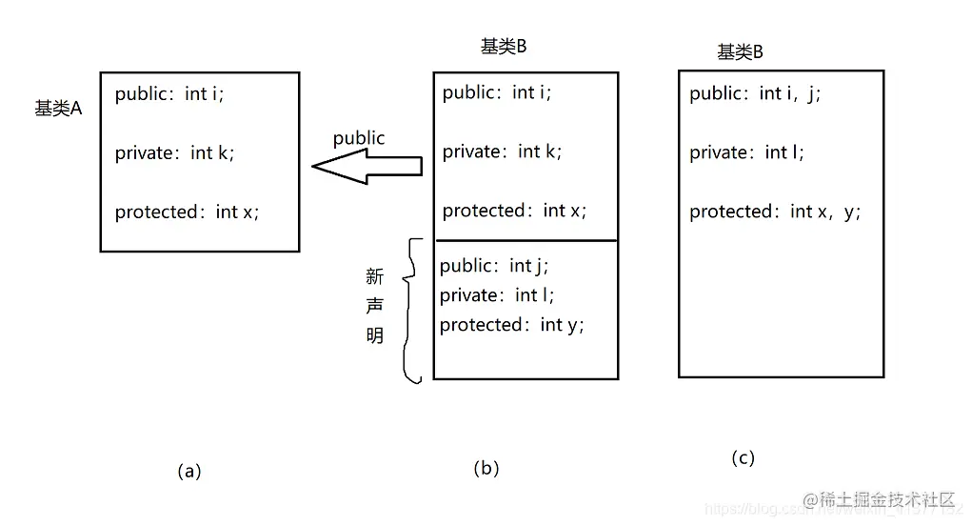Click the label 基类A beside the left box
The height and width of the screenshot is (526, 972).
[x=58, y=109]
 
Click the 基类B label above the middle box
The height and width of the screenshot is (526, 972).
[x=504, y=48]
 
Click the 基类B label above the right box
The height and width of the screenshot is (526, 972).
[x=740, y=52]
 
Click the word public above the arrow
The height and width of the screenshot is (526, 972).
[x=359, y=138]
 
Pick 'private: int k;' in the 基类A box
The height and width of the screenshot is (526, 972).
[x=174, y=152]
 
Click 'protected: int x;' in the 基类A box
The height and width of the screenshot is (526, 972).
[x=187, y=212]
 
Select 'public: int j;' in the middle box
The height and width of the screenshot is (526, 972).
[x=494, y=265]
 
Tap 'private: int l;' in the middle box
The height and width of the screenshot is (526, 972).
[x=496, y=295]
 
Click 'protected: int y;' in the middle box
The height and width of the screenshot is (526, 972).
[x=511, y=325]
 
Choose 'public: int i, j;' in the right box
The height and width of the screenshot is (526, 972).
[x=754, y=93]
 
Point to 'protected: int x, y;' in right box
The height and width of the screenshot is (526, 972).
[x=775, y=212]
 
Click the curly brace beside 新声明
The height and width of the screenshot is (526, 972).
[x=413, y=310]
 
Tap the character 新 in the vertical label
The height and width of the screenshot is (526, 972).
[x=375, y=276]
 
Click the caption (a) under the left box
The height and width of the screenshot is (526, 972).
[x=189, y=471]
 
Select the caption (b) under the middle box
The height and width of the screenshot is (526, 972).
[x=486, y=468]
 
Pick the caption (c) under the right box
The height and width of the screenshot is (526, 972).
[x=743, y=458]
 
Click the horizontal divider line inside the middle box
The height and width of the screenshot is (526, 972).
[x=526, y=240]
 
